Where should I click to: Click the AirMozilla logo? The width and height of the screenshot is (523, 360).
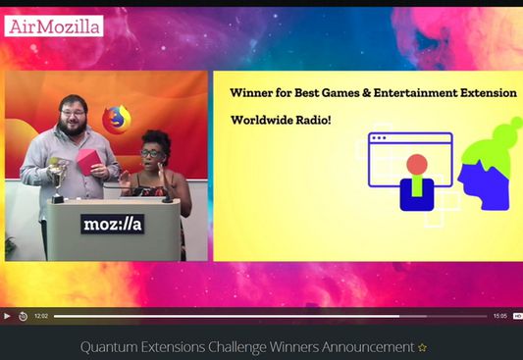(54, 26)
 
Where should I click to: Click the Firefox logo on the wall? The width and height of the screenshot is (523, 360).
(116, 119)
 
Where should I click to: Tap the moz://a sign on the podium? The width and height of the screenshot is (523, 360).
(112, 224)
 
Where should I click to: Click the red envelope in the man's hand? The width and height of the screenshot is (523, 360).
(91, 160)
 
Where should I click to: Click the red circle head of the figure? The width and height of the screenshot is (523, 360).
(417, 164)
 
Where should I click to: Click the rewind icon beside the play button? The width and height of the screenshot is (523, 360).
(22, 316)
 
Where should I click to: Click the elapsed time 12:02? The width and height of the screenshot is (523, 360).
(41, 316)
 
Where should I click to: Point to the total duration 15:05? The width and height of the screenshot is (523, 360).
(499, 316)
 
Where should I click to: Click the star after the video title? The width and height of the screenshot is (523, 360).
(423, 347)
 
